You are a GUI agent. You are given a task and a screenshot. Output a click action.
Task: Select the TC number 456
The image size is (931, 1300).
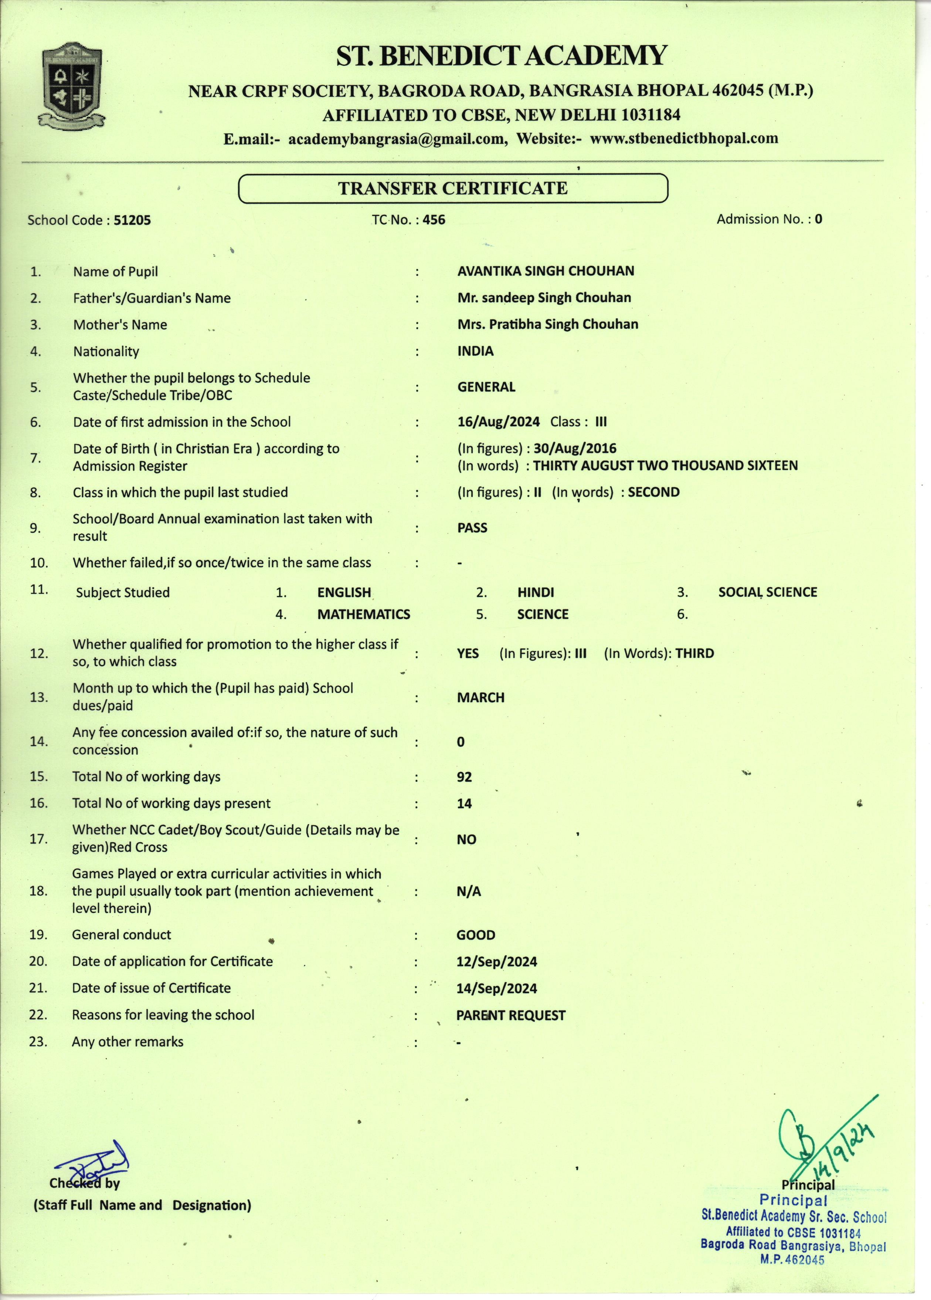(x=434, y=220)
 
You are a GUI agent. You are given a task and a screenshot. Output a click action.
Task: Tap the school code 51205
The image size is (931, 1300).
(x=132, y=220)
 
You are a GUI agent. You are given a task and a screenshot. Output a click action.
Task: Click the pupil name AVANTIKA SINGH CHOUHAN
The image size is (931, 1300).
(x=546, y=271)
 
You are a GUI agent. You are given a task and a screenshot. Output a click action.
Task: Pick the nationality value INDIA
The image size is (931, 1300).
(x=475, y=351)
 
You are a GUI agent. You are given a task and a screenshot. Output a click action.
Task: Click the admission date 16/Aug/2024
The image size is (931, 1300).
(x=498, y=422)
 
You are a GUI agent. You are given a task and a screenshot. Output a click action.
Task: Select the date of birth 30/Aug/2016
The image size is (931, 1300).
(x=575, y=448)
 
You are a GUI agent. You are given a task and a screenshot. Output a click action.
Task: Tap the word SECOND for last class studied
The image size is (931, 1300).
(x=654, y=492)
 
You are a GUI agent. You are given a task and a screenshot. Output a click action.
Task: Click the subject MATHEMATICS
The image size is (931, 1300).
(x=364, y=614)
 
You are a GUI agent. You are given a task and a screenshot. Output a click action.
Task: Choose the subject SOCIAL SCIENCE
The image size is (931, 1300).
(x=768, y=592)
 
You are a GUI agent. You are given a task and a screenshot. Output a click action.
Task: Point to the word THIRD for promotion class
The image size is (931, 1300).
(x=694, y=653)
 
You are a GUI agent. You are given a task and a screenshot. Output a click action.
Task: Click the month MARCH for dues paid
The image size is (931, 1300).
(x=481, y=698)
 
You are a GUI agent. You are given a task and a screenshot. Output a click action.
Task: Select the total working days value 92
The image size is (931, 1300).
(x=464, y=777)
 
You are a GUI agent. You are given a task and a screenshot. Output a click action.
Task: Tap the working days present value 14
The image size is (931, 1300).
(x=464, y=803)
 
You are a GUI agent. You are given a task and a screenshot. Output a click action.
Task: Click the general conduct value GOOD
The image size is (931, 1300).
(x=476, y=935)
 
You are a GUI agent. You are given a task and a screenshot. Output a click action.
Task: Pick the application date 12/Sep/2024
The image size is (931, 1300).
(x=497, y=961)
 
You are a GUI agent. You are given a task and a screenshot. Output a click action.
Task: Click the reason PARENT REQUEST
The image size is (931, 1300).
(x=510, y=1015)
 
